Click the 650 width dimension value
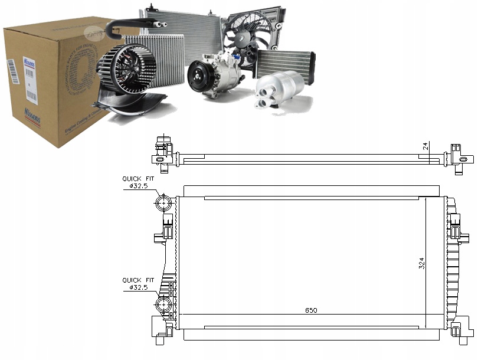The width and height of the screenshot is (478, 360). (x=311, y=310)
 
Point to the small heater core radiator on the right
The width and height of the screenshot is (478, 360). (x=285, y=62)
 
